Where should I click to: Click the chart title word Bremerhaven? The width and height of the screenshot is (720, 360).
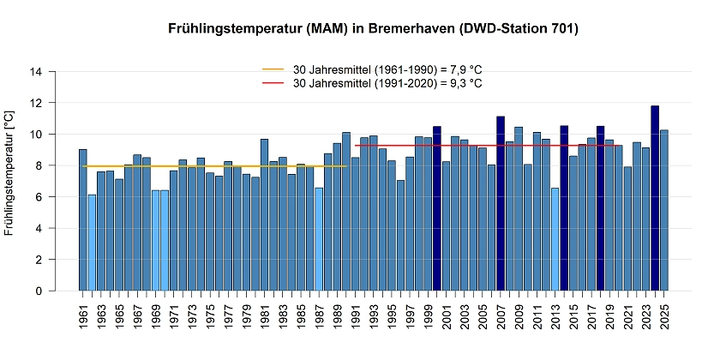[409, 29]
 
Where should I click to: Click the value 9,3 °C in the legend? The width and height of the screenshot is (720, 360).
[462, 83]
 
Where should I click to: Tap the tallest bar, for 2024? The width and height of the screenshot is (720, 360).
[655, 198]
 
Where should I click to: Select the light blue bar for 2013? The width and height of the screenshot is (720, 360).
[555, 239]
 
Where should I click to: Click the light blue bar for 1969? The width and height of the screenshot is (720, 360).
[155, 241]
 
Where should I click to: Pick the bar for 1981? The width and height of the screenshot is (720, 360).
[264, 215]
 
